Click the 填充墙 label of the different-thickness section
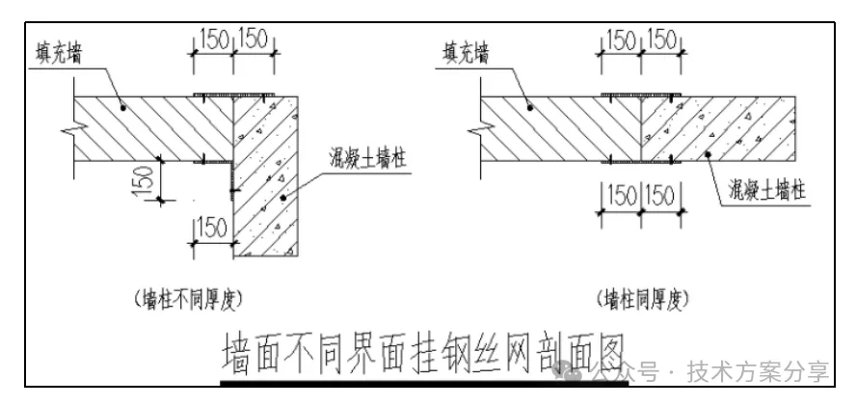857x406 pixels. coord(52,54)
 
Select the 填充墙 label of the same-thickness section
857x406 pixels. coord(465,52)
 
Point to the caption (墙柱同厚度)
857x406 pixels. coord(641,298)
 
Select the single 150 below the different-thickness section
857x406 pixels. coord(211,228)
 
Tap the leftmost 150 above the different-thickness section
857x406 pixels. coord(213,41)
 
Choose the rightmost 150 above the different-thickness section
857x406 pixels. coord(255,41)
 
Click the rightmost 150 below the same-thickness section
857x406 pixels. coord(661,194)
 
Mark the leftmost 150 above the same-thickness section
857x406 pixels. coord(619,41)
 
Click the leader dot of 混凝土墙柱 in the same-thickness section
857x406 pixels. coord(709,154)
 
